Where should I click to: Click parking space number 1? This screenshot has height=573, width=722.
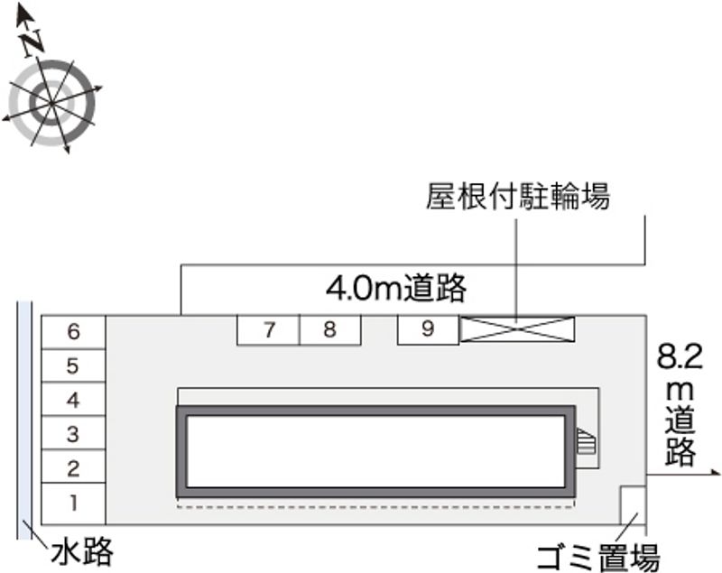point(73,504)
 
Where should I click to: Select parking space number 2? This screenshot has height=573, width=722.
point(73,468)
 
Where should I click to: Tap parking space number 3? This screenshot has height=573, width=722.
point(73,434)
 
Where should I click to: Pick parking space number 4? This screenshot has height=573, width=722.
point(73,400)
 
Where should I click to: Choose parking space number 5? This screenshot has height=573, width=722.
point(73,366)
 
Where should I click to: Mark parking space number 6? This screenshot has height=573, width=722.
point(73,332)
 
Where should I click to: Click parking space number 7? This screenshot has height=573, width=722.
point(269,330)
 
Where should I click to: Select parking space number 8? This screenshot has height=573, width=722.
point(330,330)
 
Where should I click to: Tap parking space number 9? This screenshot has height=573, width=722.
point(428,330)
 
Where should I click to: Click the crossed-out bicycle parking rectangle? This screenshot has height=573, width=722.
point(517,330)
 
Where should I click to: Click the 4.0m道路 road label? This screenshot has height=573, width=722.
point(396,289)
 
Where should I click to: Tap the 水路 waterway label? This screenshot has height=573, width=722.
point(82,550)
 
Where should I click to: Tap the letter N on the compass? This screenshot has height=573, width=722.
point(33,41)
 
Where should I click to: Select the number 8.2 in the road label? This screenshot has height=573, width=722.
point(680,358)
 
